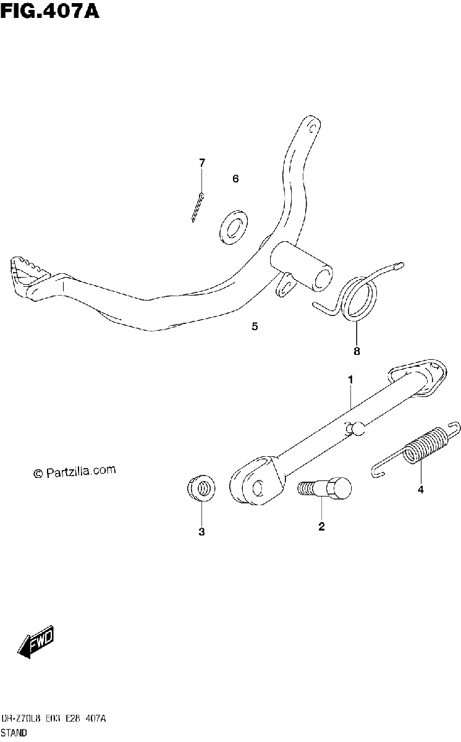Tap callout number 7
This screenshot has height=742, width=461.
click(202, 163)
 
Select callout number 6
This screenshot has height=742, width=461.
click(235, 179)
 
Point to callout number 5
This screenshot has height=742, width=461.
click(255, 326)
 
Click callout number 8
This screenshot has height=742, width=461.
click(357, 351)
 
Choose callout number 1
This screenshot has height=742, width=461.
click(350, 380)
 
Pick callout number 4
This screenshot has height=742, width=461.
click(421, 490)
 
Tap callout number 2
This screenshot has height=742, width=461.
click(321, 526)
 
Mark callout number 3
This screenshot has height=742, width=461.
click(201, 532)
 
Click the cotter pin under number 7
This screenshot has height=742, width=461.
click(198, 207)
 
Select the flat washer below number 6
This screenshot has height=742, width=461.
click(234, 227)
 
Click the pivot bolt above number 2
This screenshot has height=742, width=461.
click(324, 488)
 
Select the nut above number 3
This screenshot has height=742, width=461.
click(201, 488)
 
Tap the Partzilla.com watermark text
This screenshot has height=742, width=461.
click(74, 472)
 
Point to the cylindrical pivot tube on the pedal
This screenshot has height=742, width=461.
click(301, 266)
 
